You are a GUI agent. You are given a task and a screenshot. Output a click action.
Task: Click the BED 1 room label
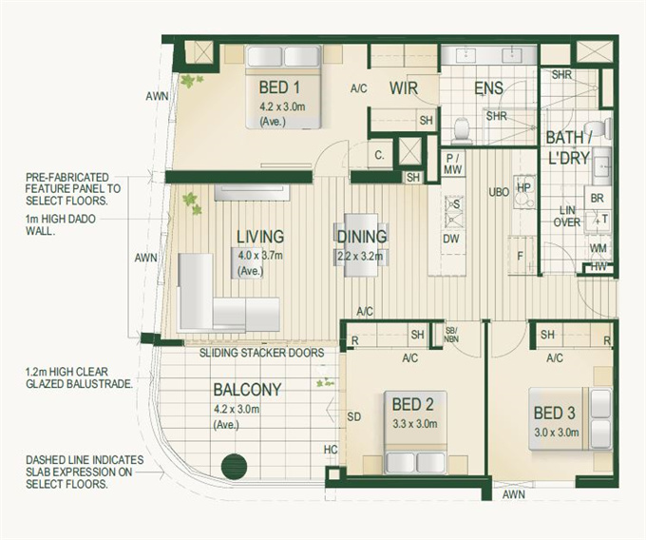click(x=279, y=87)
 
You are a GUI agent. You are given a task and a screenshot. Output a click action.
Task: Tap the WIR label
click(x=404, y=88)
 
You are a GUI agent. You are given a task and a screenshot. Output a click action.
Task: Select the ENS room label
click(x=488, y=88)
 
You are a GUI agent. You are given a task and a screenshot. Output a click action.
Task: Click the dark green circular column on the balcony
click(x=234, y=466)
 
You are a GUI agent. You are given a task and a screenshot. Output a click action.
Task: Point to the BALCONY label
click(x=247, y=390)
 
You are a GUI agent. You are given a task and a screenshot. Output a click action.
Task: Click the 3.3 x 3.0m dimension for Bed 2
click(x=415, y=424)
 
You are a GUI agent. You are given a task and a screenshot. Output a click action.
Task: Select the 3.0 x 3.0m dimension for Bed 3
click(x=557, y=433)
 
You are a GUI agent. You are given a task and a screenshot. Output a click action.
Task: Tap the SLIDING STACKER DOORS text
click(x=261, y=353)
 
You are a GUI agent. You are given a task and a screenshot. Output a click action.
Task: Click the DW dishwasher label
click(x=451, y=239)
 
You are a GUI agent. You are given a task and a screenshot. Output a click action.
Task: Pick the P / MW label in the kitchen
click(x=453, y=164)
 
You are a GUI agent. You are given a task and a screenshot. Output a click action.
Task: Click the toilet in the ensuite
click(x=462, y=129)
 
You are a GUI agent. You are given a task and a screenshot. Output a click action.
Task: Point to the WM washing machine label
click(x=598, y=248)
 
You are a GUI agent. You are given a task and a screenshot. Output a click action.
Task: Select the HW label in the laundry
click(x=598, y=267)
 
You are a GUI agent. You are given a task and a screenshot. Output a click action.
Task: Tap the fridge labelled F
click(x=521, y=256)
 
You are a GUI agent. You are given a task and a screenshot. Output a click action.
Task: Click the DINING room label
click(x=362, y=237)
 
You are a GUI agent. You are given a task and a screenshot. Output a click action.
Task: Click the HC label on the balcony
click(x=331, y=450)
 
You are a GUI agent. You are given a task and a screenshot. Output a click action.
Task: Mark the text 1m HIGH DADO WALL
click(x=61, y=224)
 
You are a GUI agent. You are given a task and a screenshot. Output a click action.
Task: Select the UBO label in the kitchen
click(x=499, y=192)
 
